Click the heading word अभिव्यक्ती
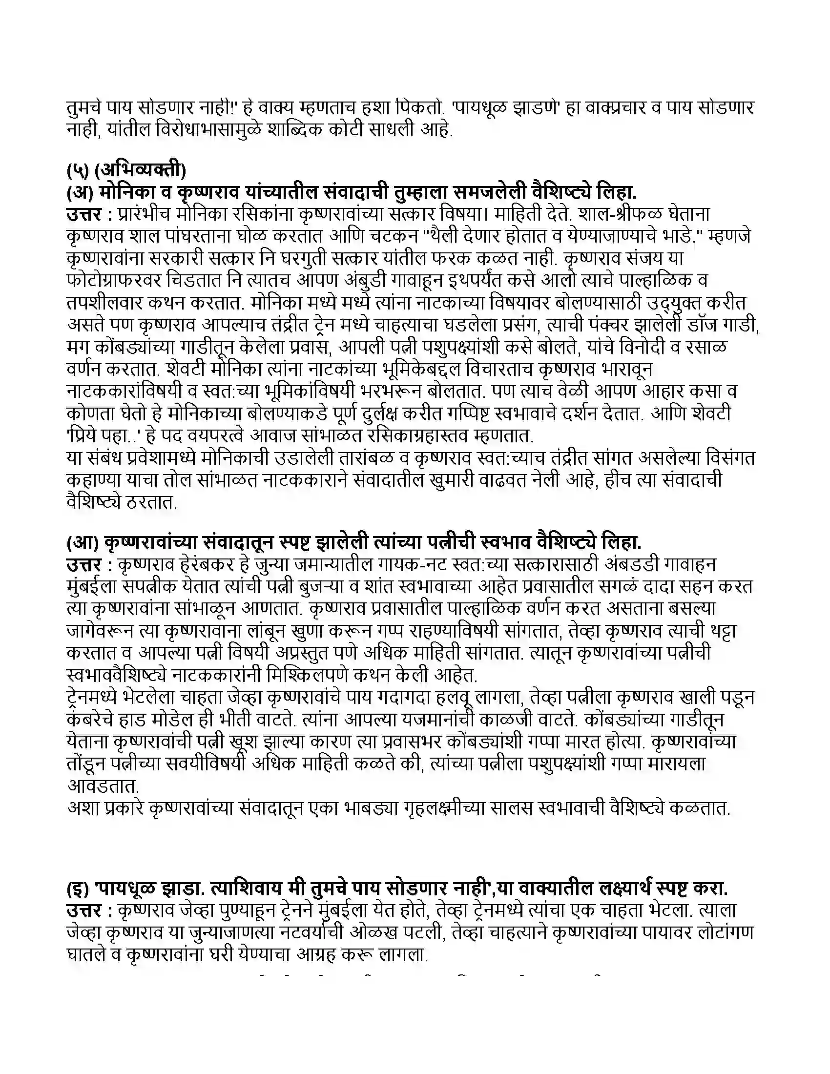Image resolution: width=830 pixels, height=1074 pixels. click(x=140, y=170)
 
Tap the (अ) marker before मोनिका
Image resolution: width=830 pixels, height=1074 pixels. click(x=80, y=192)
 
